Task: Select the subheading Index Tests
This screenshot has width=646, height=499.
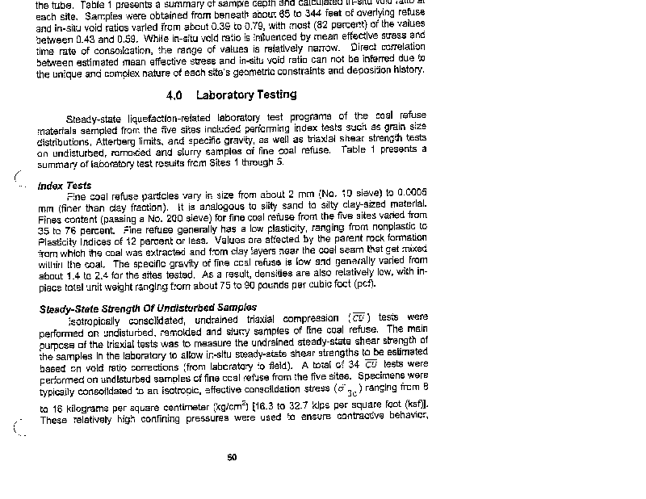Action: tap(65, 186)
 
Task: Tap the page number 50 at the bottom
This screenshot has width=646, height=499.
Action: tap(232, 458)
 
